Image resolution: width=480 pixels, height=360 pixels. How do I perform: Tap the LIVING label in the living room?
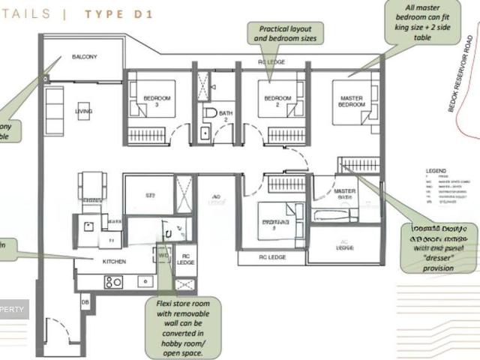[x=83, y=112]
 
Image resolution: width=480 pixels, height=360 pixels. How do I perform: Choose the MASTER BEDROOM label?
[x=351, y=101]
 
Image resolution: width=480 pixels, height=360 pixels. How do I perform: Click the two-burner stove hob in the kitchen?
[x=113, y=282]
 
